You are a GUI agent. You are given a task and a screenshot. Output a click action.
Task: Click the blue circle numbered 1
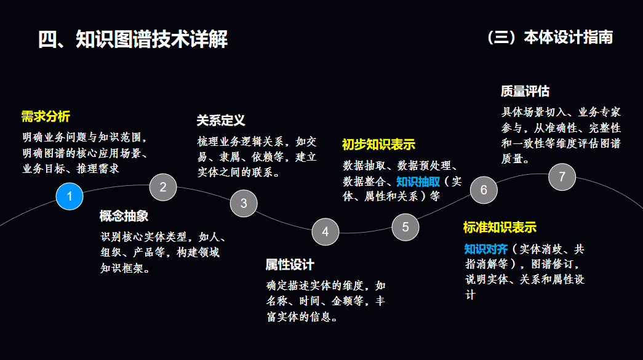[70, 196]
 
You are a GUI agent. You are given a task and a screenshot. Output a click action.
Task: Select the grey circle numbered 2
[163, 187]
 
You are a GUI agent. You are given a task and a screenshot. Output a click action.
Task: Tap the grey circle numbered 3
[244, 203]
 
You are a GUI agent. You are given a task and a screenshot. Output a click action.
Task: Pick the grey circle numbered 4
[325, 232]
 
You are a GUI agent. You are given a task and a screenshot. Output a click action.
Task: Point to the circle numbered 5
[405, 226]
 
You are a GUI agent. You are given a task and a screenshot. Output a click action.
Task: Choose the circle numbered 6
[484, 190]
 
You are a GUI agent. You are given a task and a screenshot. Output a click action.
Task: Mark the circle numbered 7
[562, 177]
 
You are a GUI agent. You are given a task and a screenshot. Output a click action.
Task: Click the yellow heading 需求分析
[46, 116]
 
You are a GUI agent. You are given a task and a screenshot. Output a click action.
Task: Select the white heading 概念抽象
[124, 216]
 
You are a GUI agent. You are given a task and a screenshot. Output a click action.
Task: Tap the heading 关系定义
[221, 120]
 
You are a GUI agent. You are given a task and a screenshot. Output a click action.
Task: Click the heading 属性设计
[290, 265]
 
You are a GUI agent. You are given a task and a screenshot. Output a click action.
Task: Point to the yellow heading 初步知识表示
[378, 145]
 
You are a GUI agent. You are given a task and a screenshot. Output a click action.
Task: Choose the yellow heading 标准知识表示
[500, 227]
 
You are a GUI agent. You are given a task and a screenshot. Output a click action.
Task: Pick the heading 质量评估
[525, 92]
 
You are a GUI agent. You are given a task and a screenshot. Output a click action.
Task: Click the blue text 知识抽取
[418, 182]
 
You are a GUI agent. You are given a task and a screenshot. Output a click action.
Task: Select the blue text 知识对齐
[486, 249]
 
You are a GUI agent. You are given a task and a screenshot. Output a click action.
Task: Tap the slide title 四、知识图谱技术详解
[133, 39]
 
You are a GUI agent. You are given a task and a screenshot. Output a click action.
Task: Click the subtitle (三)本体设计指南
[549, 38]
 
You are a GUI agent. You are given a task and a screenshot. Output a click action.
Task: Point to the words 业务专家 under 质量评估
[599, 112]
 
